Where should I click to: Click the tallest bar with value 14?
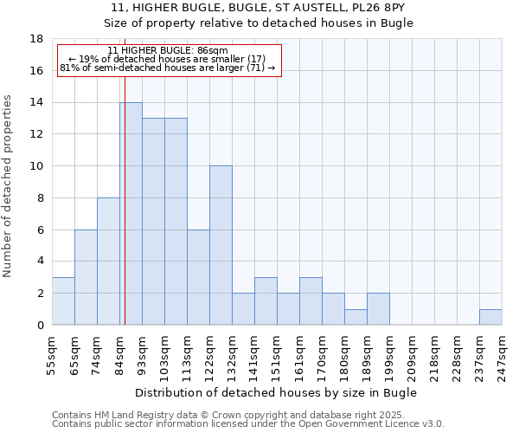(131, 214)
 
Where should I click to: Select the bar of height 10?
(221, 245)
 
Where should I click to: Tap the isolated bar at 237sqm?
(490, 317)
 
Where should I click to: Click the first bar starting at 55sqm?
(63, 301)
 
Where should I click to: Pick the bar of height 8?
(108, 262)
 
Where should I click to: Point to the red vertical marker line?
(125, 216)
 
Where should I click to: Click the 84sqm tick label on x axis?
(120, 355)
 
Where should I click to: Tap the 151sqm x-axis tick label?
(277, 355)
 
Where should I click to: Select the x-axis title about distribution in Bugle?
(277, 392)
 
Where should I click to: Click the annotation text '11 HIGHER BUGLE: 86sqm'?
(169, 50)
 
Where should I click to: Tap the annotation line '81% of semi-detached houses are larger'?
(167, 68)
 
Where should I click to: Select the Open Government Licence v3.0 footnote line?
(248, 423)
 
